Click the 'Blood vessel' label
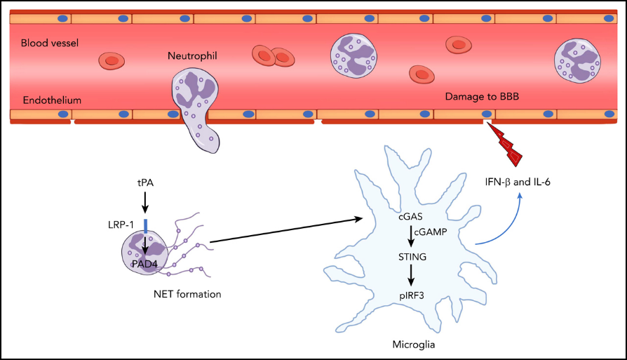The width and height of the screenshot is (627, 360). click(50, 43)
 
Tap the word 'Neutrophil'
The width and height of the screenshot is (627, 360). click(192, 56)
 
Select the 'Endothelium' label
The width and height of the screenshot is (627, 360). click(52, 100)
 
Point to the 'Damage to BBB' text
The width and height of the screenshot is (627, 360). click(482, 97)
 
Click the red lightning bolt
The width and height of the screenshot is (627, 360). click(505, 144)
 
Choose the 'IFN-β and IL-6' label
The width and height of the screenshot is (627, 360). click(518, 182)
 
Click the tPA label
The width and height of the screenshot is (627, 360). click(145, 182)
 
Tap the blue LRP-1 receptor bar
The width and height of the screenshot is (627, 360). click(146, 226)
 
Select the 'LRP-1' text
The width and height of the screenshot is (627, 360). click(121, 225)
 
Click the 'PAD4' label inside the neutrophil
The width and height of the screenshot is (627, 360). click(144, 264)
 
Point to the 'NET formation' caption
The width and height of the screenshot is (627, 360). click(187, 295)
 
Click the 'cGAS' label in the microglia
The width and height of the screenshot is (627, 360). click(410, 217)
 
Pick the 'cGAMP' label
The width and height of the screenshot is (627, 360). click(430, 232)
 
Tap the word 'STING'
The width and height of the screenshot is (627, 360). click(412, 257)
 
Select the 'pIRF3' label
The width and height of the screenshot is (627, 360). click(412, 296)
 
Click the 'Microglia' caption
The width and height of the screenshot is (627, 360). click(414, 345)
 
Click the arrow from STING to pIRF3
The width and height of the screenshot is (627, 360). click(411, 276)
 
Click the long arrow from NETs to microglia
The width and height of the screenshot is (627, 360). click(286, 230)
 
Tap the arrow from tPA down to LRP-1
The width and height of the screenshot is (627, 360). click(145, 203)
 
